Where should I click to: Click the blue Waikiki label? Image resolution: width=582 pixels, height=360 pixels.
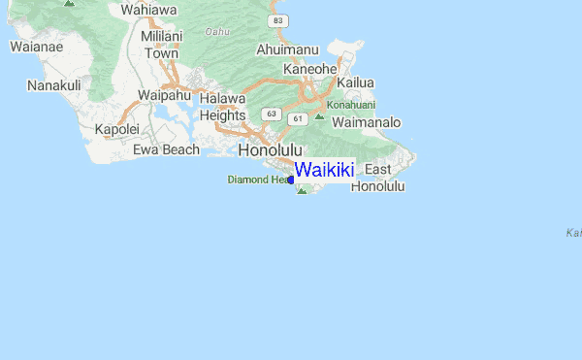click(325, 170)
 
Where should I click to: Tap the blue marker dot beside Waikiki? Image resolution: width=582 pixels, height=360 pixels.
click(291, 180)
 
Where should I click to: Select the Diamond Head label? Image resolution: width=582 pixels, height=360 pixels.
click(259, 180)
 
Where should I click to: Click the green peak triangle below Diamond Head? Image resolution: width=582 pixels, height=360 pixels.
click(302, 190)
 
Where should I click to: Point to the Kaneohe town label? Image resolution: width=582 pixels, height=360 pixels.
click(309, 69)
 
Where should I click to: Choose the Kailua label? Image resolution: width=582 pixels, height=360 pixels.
click(355, 82)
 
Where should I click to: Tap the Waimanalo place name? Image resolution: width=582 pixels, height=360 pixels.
click(367, 123)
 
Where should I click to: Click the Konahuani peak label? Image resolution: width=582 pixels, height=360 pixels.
click(349, 104)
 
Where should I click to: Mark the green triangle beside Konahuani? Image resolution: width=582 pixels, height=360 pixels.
click(319, 116)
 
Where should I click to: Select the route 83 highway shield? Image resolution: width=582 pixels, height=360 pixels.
click(279, 20)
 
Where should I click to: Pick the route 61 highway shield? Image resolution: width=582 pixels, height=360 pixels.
click(297, 118)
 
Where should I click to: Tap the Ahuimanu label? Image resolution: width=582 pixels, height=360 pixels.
click(287, 49)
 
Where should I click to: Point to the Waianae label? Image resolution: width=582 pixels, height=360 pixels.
click(36, 46)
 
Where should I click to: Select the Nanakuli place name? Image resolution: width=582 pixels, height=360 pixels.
click(54, 85)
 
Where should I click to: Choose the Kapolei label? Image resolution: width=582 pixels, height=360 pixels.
click(117, 129)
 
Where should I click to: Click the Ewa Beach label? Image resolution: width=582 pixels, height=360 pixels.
click(166, 149)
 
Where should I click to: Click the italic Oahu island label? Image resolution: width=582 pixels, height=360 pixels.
click(218, 31)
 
